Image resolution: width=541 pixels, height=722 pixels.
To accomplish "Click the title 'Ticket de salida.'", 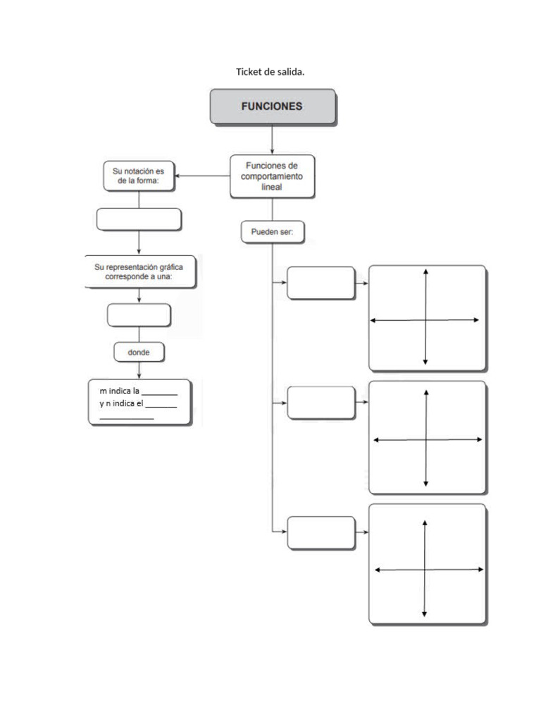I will click(x=270, y=72).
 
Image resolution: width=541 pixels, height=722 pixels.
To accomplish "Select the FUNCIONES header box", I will click(x=272, y=106).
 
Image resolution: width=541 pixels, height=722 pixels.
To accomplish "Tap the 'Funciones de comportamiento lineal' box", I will click(x=272, y=176).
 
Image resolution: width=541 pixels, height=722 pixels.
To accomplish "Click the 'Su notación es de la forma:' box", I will click(x=139, y=175).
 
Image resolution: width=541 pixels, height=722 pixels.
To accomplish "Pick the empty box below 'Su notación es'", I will click(x=139, y=219).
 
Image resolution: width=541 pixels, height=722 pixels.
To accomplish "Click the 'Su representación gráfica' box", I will click(x=140, y=271).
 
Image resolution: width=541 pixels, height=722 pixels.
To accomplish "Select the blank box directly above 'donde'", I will click(x=139, y=315).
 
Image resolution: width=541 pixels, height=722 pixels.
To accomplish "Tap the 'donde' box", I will click(x=139, y=351).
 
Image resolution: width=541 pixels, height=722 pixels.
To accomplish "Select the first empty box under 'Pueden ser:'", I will click(x=321, y=283).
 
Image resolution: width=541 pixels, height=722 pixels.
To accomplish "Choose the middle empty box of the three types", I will click(x=321, y=403).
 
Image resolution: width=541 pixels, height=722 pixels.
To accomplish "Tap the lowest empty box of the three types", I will click(x=321, y=532).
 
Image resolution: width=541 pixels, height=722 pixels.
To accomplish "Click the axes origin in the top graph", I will click(x=425, y=320).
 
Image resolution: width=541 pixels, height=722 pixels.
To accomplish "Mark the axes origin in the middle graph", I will click(x=426, y=440).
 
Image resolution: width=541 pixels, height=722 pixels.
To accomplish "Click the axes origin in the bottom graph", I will click(x=425, y=570).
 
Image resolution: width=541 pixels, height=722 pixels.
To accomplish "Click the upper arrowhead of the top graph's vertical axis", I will click(x=425, y=272).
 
